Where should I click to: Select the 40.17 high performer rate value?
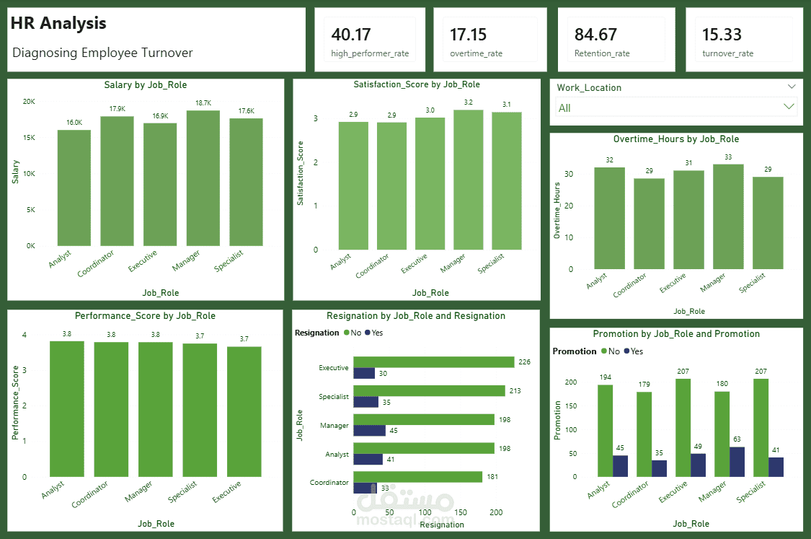tap(351, 34)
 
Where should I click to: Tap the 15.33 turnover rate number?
tap(722, 34)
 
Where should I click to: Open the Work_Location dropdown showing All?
tap(676, 108)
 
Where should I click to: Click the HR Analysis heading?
tap(58, 23)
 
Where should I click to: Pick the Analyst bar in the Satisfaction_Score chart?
tap(353, 186)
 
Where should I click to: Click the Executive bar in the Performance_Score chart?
tap(244, 411)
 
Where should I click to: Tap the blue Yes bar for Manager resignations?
tap(369, 431)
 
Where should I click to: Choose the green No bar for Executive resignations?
tap(433, 362)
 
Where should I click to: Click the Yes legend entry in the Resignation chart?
tap(373, 333)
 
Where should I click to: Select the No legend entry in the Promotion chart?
tap(609, 351)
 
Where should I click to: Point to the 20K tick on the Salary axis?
tap(29, 102)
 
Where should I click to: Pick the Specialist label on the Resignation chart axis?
tap(334, 397)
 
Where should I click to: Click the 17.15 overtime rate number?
tap(468, 34)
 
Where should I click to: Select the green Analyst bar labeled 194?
tap(605, 430)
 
